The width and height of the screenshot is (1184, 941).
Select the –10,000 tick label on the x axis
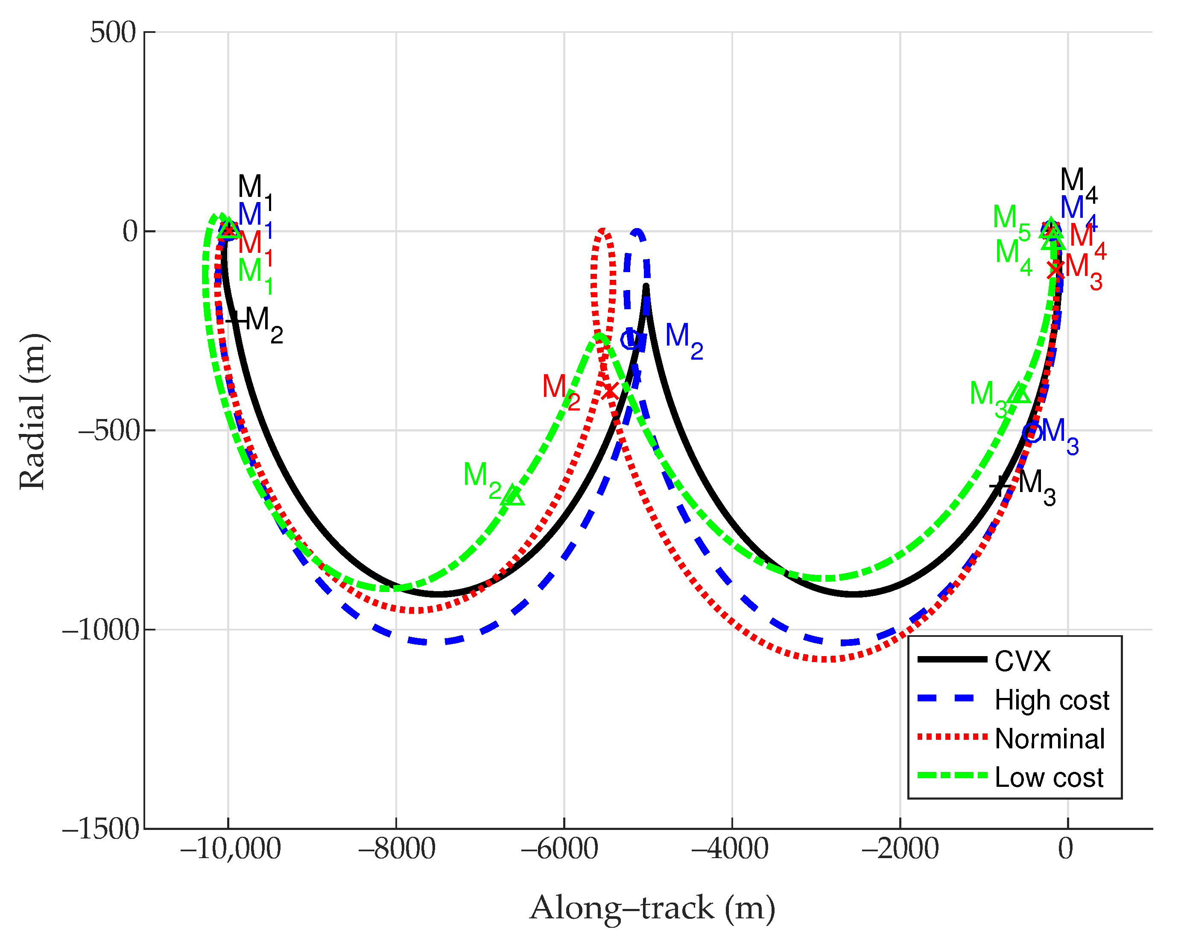(231, 849)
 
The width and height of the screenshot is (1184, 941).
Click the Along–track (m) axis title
(652, 908)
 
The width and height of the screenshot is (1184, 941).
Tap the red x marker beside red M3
(1055, 270)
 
